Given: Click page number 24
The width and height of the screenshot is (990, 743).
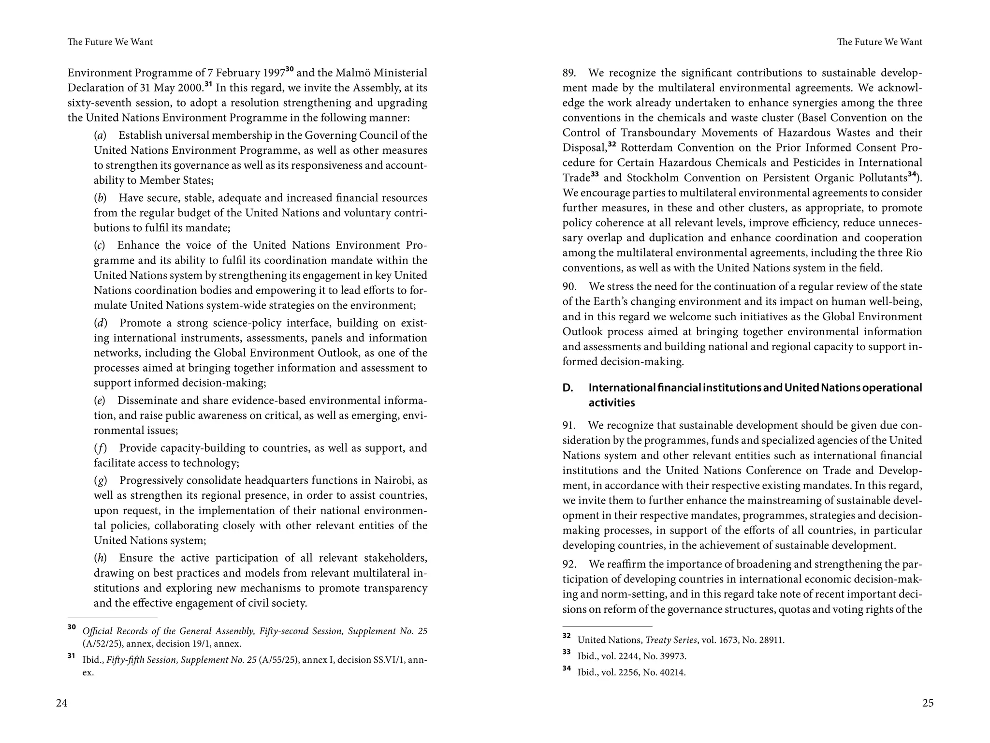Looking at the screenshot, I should tap(61, 703).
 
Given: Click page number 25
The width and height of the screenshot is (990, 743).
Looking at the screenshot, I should tap(928, 703).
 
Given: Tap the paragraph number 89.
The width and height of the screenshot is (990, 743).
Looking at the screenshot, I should tap(568, 73).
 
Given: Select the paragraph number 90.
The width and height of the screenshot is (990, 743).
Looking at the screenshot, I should tap(569, 286).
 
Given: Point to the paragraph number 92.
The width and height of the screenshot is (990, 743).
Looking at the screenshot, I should tap(569, 564).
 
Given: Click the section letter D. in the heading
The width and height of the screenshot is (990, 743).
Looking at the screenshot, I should tap(568, 388).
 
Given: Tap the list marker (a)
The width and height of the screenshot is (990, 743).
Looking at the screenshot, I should tap(100, 135).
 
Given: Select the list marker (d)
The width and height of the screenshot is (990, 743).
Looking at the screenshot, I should tap(100, 323).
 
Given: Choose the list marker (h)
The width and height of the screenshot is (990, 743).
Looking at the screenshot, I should tap(100, 558).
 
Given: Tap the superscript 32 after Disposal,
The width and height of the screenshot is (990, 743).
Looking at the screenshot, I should tap(612, 144).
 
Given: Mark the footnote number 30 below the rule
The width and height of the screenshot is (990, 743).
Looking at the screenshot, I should tap(72, 627).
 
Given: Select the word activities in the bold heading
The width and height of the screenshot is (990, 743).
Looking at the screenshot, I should tap(611, 403).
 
